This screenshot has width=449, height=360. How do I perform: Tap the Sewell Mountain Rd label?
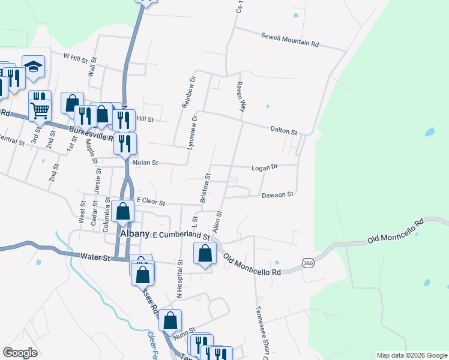pyautogui.click(x=289, y=40)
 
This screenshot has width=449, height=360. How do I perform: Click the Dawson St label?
pyautogui.click(x=277, y=194)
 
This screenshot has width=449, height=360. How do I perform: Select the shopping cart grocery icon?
pyautogui.click(x=40, y=110)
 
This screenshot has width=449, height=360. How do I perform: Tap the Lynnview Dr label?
pyautogui.click(x=193, y=131)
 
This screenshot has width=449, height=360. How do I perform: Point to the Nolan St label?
pyautogui.click(x=145, y=163)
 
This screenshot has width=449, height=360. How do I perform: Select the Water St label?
pyautogui.click(x=96, y=258)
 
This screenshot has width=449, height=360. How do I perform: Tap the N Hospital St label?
pyautogui.click(x=179, y=277)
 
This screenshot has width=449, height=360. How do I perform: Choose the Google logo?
pyautogui.click(x=20, y=353)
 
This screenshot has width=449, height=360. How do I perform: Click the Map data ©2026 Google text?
pyautogui.click(x=411, y=355)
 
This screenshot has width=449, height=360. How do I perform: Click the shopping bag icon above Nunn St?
pyautogui.click(x=170, y=321)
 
